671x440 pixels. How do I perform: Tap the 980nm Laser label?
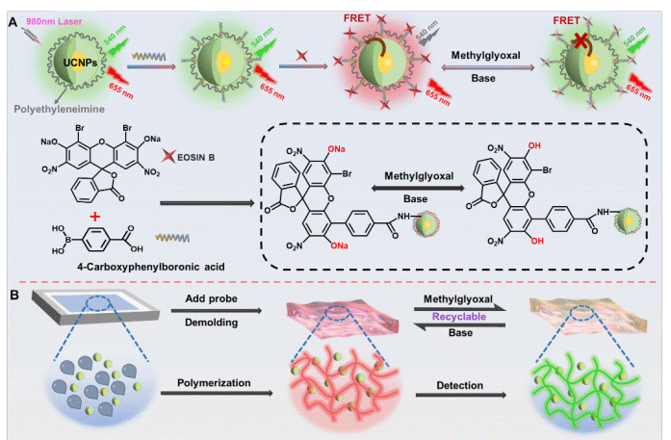[x=39, y=9]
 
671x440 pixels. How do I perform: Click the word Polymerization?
[x=214, y=382]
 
